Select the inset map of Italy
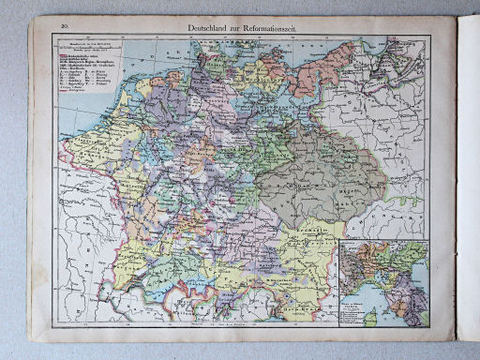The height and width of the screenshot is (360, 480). click(383, 281)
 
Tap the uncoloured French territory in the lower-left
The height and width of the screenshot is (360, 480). click(84, 234)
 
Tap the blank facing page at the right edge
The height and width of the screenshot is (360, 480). click(466, 187)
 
